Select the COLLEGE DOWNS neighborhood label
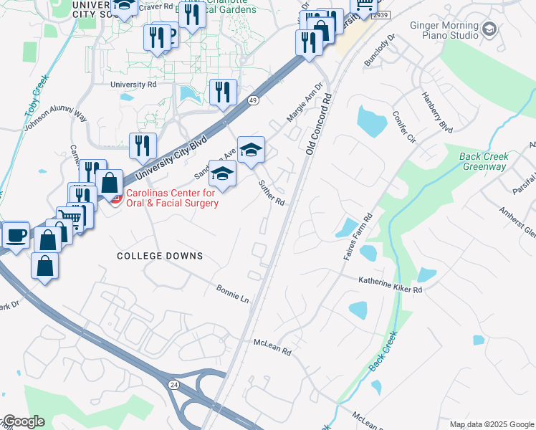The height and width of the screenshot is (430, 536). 160,256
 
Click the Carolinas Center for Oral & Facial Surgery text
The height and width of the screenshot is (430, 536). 172,198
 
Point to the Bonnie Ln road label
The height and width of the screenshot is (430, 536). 232,292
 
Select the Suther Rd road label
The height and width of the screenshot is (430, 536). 272,192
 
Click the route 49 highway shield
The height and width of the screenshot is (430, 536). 253,101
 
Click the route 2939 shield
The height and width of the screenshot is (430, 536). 383,14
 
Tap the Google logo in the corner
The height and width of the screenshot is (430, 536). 23,421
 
